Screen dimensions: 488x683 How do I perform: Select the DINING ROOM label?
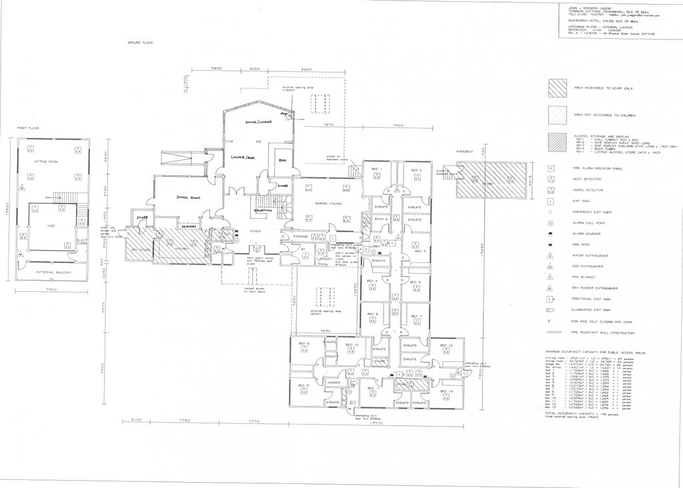pos(188,198)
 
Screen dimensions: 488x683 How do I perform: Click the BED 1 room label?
pos(376,170)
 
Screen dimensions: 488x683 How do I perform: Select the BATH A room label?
pos(381,219)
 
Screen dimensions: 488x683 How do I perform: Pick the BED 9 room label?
pos(303,386)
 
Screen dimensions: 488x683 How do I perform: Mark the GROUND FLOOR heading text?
pos(140,42)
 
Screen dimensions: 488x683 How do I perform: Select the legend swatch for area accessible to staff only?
pos(558,88)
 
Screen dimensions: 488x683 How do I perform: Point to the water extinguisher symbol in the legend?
pos(550,255)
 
